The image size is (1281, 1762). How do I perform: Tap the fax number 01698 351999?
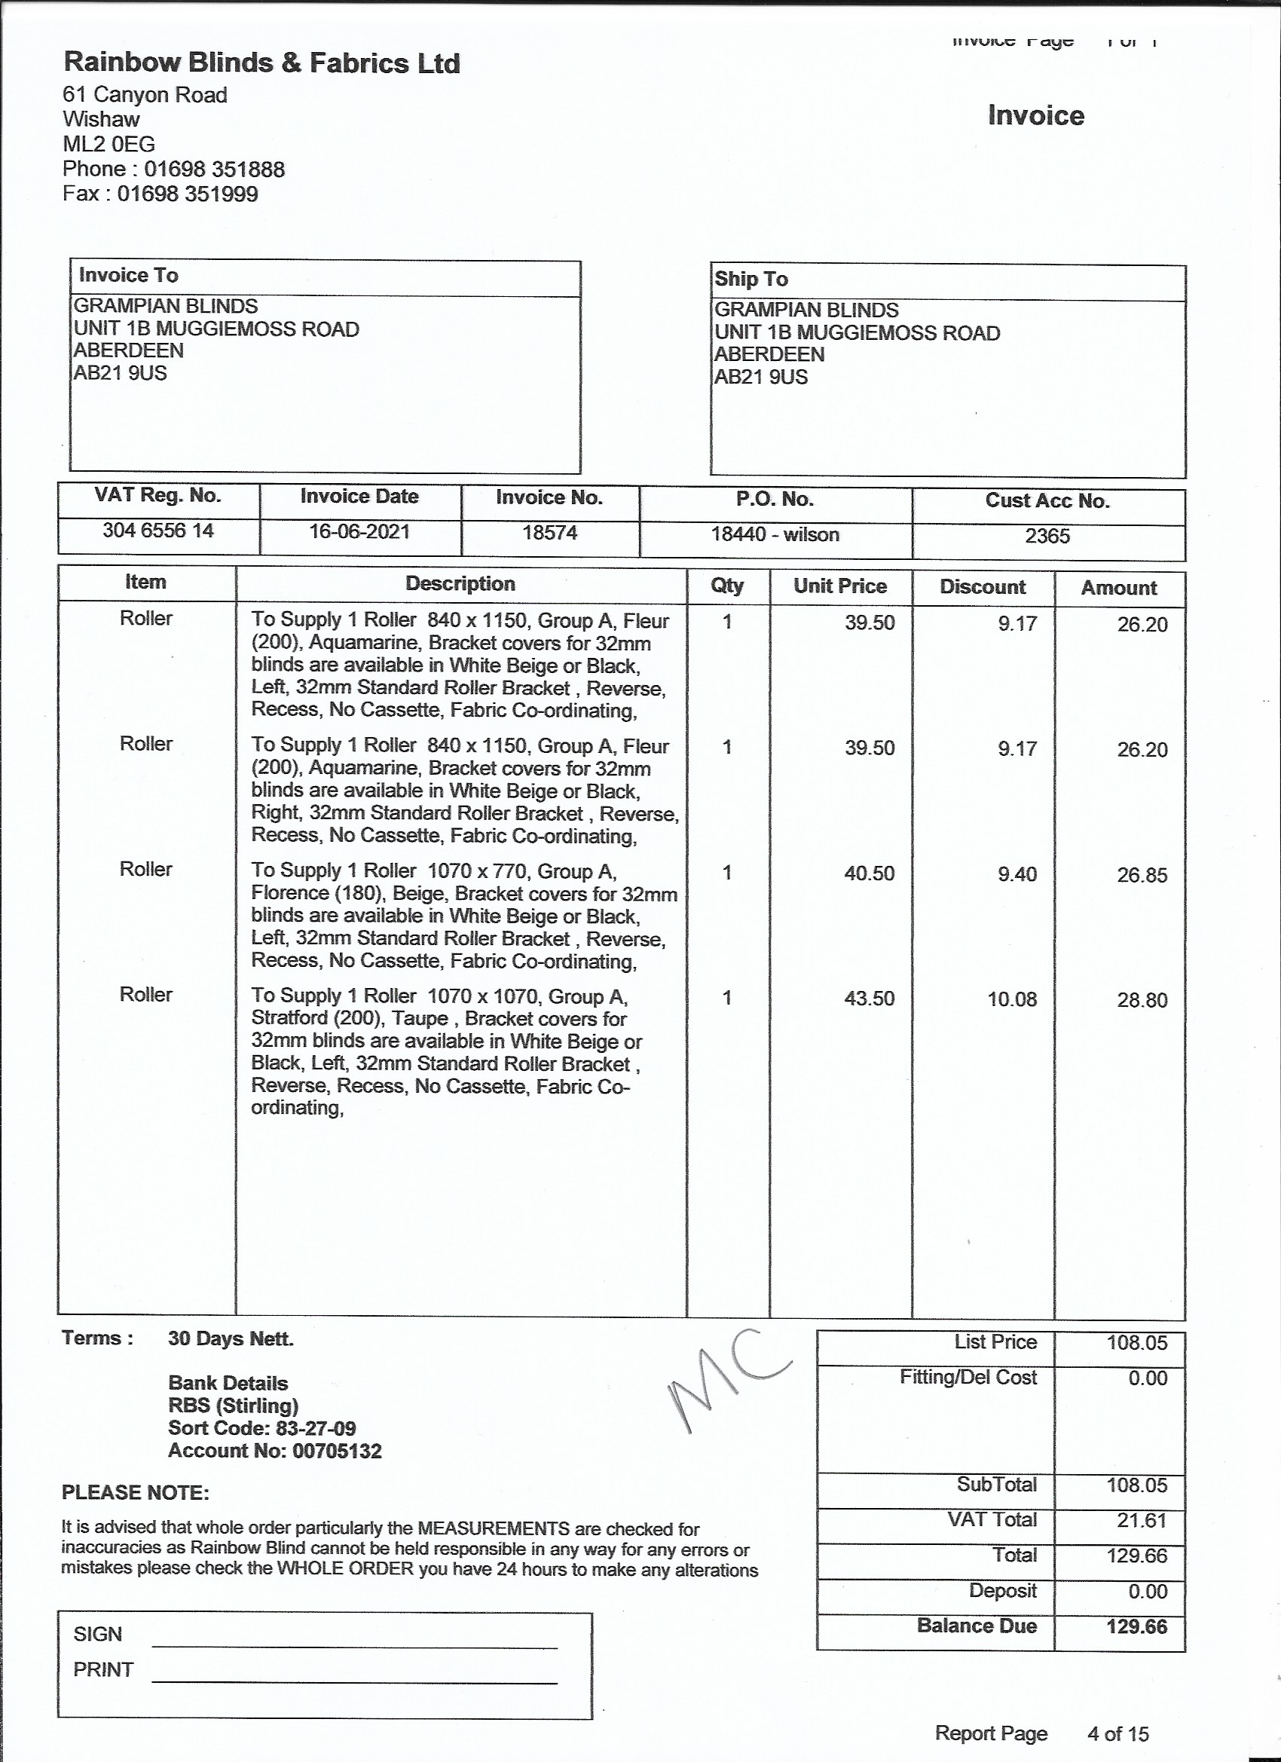187,194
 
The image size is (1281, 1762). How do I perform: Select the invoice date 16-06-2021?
359,531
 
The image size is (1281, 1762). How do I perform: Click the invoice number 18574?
549,533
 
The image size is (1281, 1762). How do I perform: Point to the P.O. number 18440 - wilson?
775,534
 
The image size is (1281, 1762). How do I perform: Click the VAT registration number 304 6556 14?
157,531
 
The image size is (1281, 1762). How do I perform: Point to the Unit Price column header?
839,586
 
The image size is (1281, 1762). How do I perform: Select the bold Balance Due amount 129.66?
1136,1626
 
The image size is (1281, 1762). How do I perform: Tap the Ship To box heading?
751,279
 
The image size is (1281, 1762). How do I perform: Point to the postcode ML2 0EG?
109,145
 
